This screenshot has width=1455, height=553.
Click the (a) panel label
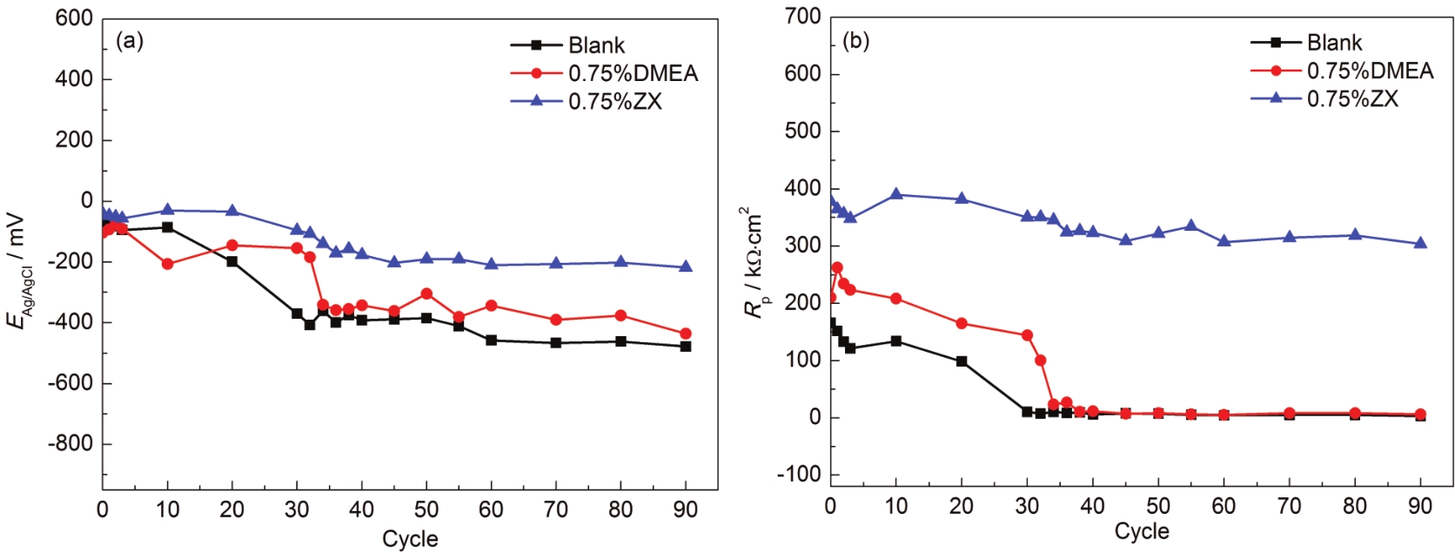coord(130,41)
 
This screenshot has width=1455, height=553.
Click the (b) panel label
coord(855,41)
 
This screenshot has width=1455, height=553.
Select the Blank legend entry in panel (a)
coord(596,45)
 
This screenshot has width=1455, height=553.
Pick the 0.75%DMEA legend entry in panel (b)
coord(1369,71)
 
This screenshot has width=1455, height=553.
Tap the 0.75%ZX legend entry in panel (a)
coord(614,101)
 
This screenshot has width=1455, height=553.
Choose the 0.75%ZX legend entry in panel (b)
coord(1351,98)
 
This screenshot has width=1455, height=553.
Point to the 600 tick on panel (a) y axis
coord(74,18)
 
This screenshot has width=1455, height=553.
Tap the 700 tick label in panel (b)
coord(802,17)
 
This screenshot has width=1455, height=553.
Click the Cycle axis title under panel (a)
coord(410,538)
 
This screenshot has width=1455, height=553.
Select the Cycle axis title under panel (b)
coord(1142,530)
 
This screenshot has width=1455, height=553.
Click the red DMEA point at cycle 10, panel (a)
coord(167,264)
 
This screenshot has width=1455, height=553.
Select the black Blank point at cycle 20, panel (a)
coord(232,261)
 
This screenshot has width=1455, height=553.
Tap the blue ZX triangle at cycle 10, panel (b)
coord(895,194)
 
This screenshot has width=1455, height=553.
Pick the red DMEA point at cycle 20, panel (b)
coord(962,323)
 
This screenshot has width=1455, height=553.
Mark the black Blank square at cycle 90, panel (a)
coord(686,347)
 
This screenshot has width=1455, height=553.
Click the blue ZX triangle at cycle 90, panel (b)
coord(1420,243)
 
